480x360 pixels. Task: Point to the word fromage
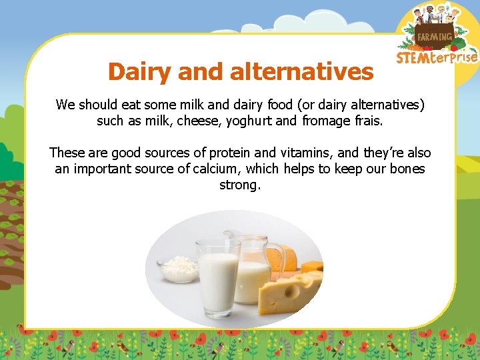pyautogui.click(x=325, y=121)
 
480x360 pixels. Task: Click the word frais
pyautogui.click(x=367, y=121)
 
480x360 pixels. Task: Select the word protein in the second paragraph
pyautogui.click(x=222, y=153)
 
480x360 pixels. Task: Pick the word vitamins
pyautogui.click(x=285, y=153)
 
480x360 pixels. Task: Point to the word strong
pyautogui.click(x=240, y=185)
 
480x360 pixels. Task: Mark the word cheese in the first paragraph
pyautogui.click(x=175, y=121)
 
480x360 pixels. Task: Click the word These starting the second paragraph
pyautogui.click(x=67, y=153)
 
